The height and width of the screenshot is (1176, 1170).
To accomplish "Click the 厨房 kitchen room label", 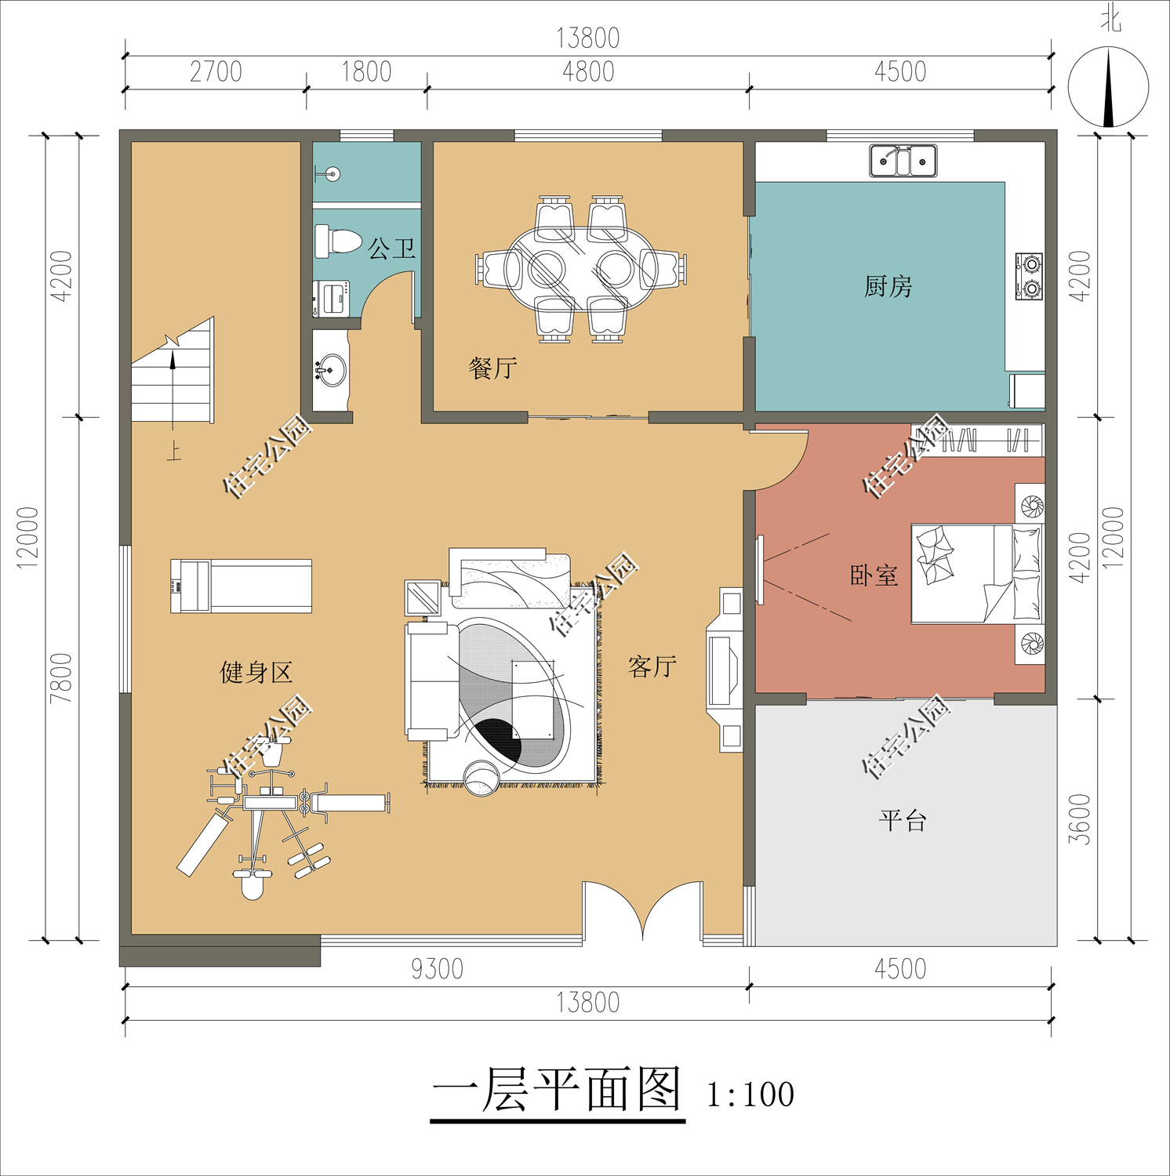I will click(888, 287).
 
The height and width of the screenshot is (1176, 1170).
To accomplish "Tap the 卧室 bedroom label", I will click(874, 575).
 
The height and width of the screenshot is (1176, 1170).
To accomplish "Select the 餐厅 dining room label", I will click(492, 368).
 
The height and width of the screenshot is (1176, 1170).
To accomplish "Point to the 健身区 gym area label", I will click(256, 673).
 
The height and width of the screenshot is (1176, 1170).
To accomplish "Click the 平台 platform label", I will click(903, 821).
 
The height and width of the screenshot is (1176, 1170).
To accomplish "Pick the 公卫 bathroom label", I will click(391, 249).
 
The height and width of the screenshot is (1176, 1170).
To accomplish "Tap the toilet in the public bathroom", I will click(337, 241).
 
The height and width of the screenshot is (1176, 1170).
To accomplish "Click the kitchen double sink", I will click(903, 162).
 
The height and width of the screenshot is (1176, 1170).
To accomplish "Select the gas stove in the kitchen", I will click(1029, 276).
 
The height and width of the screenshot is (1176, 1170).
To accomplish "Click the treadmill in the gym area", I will click(242, 586).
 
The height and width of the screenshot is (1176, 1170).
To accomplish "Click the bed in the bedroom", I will click(976, 574).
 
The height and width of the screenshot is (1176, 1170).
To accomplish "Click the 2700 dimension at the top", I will click(216, 72).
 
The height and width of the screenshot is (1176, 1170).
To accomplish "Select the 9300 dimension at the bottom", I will click(437, 969).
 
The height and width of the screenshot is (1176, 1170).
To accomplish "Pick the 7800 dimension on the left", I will click(61, 677).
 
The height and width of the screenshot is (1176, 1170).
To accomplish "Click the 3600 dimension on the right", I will click(1080, 819).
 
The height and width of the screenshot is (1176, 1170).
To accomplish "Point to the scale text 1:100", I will click(750, 1094).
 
